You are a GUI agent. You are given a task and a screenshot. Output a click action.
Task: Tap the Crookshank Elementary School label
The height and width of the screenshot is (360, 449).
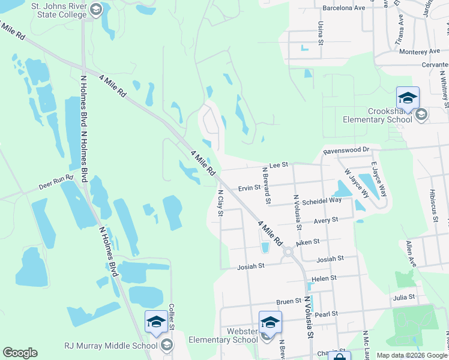[x=377, y=115]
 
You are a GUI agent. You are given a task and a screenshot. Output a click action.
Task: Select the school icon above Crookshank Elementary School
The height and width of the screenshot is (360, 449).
[x=408, y=97]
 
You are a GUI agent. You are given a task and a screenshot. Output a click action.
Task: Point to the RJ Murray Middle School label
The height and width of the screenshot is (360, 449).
[x=111, y=345]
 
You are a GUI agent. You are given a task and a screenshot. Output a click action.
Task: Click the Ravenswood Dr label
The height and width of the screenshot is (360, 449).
[x=345, y=151]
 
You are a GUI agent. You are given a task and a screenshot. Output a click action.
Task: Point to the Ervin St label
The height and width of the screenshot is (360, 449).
[x=249, y=188]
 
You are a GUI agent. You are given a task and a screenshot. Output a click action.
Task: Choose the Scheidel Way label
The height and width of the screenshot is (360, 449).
[x=321, y=201]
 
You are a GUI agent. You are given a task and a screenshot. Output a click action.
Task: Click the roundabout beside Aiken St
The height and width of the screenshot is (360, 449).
[x=288, y=252]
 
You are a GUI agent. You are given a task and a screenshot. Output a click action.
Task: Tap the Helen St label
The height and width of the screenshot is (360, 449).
[x=324, y=278]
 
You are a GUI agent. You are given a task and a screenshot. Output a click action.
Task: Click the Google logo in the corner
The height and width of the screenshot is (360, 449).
[x=20, y=353]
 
